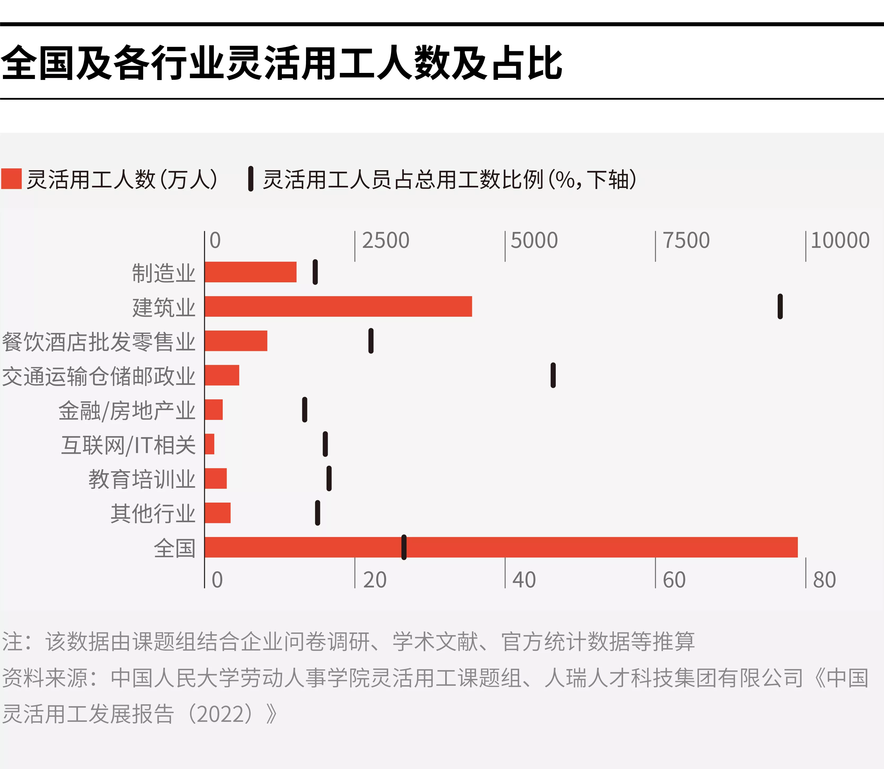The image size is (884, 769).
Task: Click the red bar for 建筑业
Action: click(338, 306)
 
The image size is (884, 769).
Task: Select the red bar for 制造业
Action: click(251, 272)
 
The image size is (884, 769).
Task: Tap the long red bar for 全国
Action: click(501, 547)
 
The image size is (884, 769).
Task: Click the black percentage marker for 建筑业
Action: click(780, 306)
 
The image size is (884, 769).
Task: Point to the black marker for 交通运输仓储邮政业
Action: click(553, 375)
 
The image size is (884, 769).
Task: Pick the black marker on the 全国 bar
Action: click(404, 547)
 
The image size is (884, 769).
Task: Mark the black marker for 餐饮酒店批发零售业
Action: click(371, 341)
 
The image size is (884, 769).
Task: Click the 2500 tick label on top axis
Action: click(385, 240)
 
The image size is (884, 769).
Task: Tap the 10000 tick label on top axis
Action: click(840, 240)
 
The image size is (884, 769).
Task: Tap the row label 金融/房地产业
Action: click(127, 411)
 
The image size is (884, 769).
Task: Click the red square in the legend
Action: click(11, 179)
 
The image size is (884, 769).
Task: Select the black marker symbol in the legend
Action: click(251, 179)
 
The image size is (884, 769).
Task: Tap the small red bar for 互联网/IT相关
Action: click(209, 444)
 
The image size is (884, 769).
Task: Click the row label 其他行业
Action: click(153, 514)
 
